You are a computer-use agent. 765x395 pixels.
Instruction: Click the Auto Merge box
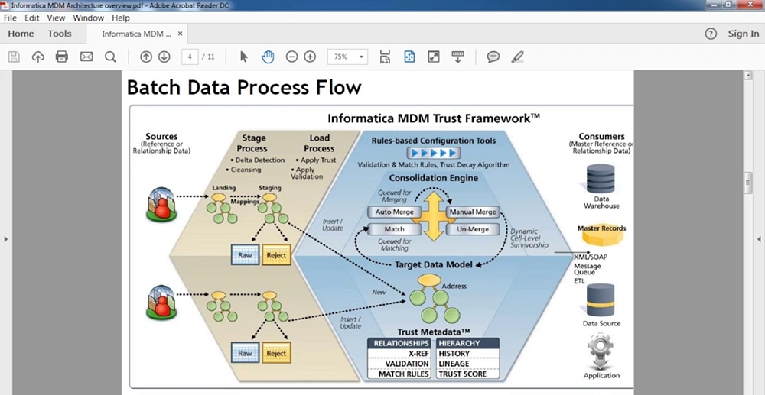pyautogui.click(x=395, y=212)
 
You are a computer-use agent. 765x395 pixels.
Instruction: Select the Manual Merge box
pyautogui.click(x=473, y=212)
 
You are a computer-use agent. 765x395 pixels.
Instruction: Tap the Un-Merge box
pyautogui.click(x=473, y=229)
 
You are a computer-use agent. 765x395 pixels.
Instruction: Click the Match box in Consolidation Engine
pyautogui.click(x=395, y=229)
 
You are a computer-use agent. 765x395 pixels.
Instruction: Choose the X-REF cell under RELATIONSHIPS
pyautogui.click(x=401, y=354)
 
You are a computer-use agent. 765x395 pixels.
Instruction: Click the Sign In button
pyautogui.click(x=743, y=34)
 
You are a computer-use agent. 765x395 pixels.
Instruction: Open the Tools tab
pyautogui.click(x=60, y=34)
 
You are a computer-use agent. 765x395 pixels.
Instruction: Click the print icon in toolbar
pyautogui.click(x=62, y=57)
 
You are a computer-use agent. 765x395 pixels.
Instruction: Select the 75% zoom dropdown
pyautogui.click(x=347, y=57)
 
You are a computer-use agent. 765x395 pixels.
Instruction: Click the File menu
pyautogui.click(x=10, y=18)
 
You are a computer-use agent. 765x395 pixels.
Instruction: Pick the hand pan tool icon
pyautogui.click(x=268, y=57)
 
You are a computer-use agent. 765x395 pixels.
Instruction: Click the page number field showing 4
pyautogui.click(x=189, y=57)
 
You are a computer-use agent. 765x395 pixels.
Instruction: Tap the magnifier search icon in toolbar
pyautogui.click(x=110, y=57)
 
